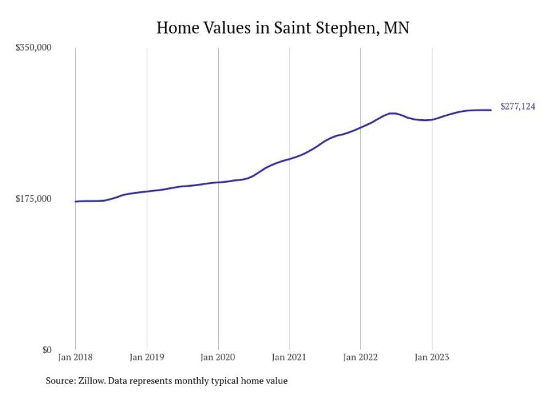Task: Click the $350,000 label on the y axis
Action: [x=33, y=48]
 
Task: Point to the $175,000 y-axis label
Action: [x=33, y=199]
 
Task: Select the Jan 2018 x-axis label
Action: [x=75, y=358]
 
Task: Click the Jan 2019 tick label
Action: [x=147, y=358]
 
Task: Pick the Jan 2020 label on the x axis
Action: [x=218, y=358]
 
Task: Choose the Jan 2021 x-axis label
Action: [x=289, y=358]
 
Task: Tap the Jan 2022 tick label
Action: [x=360, y=358]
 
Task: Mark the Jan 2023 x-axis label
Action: [x=431, y=358]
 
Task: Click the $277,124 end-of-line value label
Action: [x=518, y=106]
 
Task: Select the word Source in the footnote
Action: [x=60, y=381]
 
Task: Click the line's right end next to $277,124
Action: [x=491, y=110]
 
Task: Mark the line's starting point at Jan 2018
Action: [x=75, y=201]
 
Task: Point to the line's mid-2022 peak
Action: [x=392, y=113]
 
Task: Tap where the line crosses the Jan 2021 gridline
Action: [x=289, y=159]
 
